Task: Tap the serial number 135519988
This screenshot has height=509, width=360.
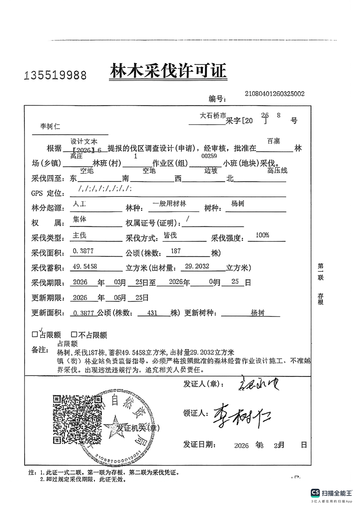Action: tap(55, 75)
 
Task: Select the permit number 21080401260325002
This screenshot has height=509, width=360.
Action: tap(274, 94)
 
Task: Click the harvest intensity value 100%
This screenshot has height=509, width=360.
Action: tap(262, 235)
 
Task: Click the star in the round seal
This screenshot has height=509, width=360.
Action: tap(111, 426)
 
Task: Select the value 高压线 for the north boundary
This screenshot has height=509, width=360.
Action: tap(277, 171)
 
